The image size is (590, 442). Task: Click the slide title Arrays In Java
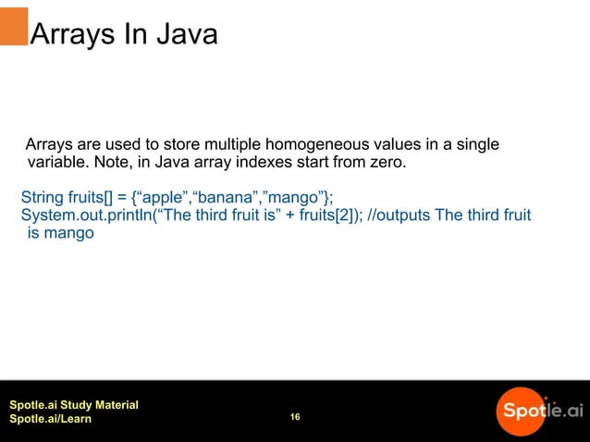tap(124, 35)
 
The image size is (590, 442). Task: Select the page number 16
tap(295, 418)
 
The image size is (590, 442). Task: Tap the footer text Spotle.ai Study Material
tap(74, 405)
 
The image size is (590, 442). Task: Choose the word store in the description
tap(182, 145)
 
